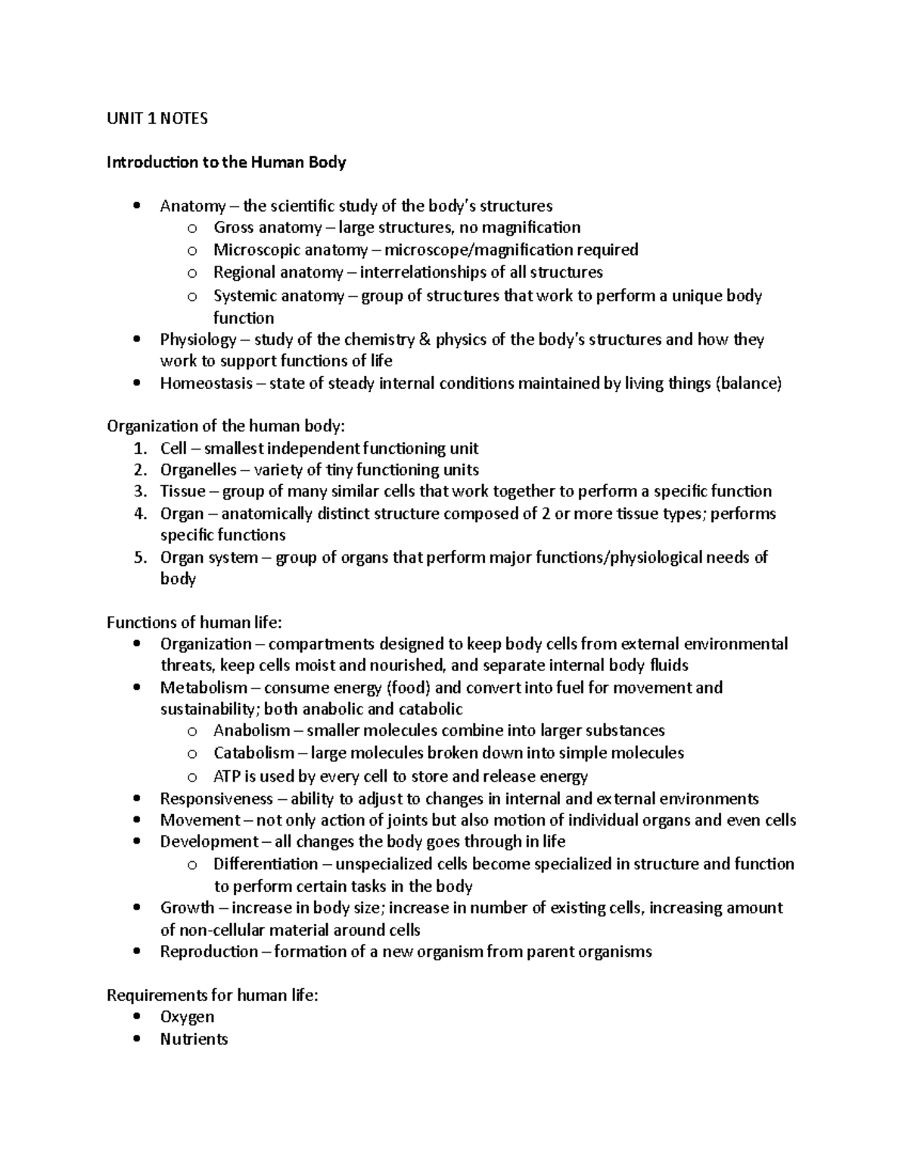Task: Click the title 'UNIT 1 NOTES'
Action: [157, 118]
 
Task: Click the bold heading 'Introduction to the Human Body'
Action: [226, 162]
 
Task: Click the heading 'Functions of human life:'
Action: [194, 623]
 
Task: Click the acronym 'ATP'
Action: [226, 776]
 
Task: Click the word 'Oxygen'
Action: [187, 1017]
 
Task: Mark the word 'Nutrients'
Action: [194, 1040]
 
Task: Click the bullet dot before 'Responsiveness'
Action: [136, 799]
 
